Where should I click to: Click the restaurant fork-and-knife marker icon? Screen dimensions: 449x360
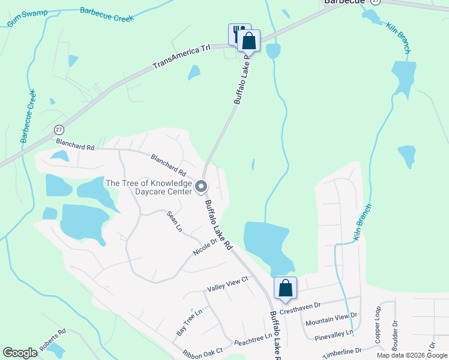(x=238, y=32)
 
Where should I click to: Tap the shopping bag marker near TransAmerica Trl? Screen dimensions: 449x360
(x=249, y=41)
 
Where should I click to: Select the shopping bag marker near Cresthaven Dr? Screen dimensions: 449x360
(x=286, y=288)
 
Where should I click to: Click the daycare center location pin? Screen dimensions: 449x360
(x=202, y=187)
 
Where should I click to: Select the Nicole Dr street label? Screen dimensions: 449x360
(x=205, y=247)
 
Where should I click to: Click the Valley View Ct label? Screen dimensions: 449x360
(x=228, y=283)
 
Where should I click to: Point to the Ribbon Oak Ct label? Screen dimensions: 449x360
(x=203, y=351)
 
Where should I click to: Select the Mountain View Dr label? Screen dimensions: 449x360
(x=331, y=318)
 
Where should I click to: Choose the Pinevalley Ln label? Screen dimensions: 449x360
(x=334, y=332)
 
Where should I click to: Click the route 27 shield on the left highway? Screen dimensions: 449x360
(x=59, y=130)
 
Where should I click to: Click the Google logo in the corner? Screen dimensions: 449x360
(x=20, y=353)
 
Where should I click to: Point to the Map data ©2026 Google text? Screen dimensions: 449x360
(x=411, y=355)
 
